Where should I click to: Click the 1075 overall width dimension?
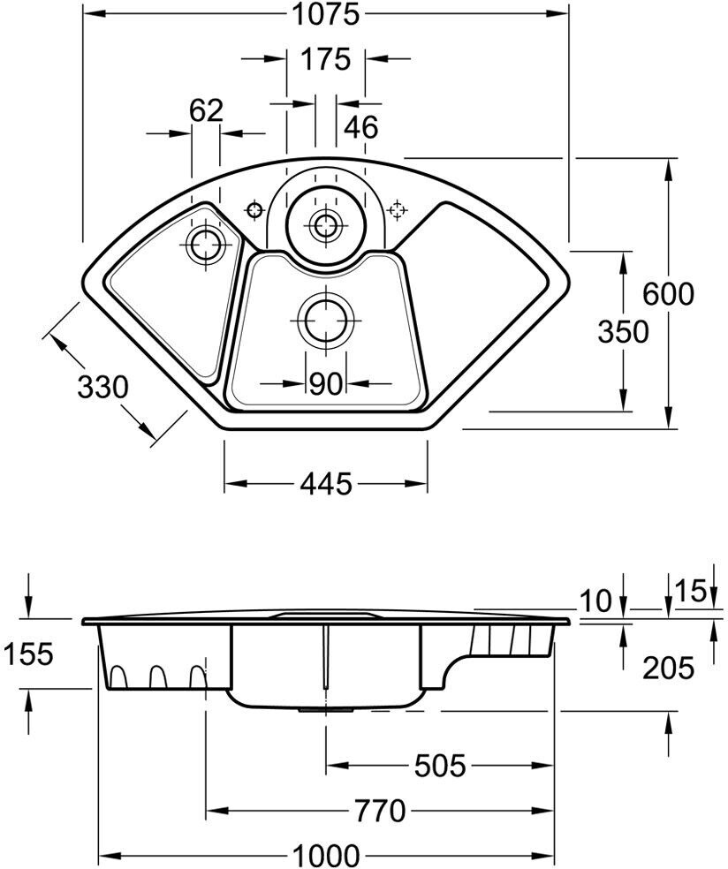326,14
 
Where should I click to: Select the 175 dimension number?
326,59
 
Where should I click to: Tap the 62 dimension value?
206,111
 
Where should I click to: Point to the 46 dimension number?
361,127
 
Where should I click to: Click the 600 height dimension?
668,294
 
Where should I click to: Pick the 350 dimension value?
623,332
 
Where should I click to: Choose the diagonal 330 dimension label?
102,387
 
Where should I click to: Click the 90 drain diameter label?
325,383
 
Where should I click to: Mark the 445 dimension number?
326,484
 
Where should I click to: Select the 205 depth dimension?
668,668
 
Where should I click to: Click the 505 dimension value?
440,767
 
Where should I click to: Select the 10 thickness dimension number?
595,601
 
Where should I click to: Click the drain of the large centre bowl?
325,321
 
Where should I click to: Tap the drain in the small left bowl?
206,245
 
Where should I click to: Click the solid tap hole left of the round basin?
254,210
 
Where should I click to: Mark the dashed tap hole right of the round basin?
398,210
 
